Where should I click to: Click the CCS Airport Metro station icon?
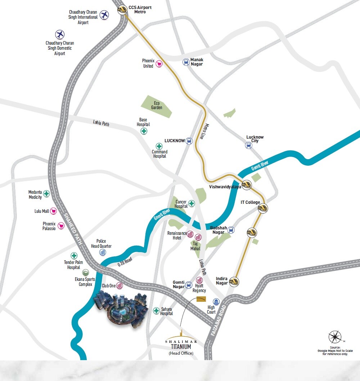[x=122, y=10]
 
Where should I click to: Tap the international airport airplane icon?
[x=104, y=15]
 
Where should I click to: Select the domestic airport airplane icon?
[x=60, y=35]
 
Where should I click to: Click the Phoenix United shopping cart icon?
[x=159, y=64]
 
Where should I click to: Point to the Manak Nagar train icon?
[x=186, y=62]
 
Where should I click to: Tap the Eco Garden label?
[x=157, y=106]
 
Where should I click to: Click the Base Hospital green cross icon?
[x=144, y=131]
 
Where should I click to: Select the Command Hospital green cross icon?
[x=159, y=146]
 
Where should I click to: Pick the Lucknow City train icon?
[x=248, y=145]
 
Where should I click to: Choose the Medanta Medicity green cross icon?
[x=46, y=194]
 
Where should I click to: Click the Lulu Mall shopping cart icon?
[x=54, y=211]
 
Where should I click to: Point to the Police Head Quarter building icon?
[x=103, y=252]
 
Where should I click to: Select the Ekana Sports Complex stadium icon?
[x=86, y=273]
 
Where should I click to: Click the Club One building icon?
[x=120, y=286]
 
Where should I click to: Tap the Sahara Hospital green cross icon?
[x=156, y=310]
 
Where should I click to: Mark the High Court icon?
[x=216, y=302]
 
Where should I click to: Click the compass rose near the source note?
[x=335, y=337]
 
